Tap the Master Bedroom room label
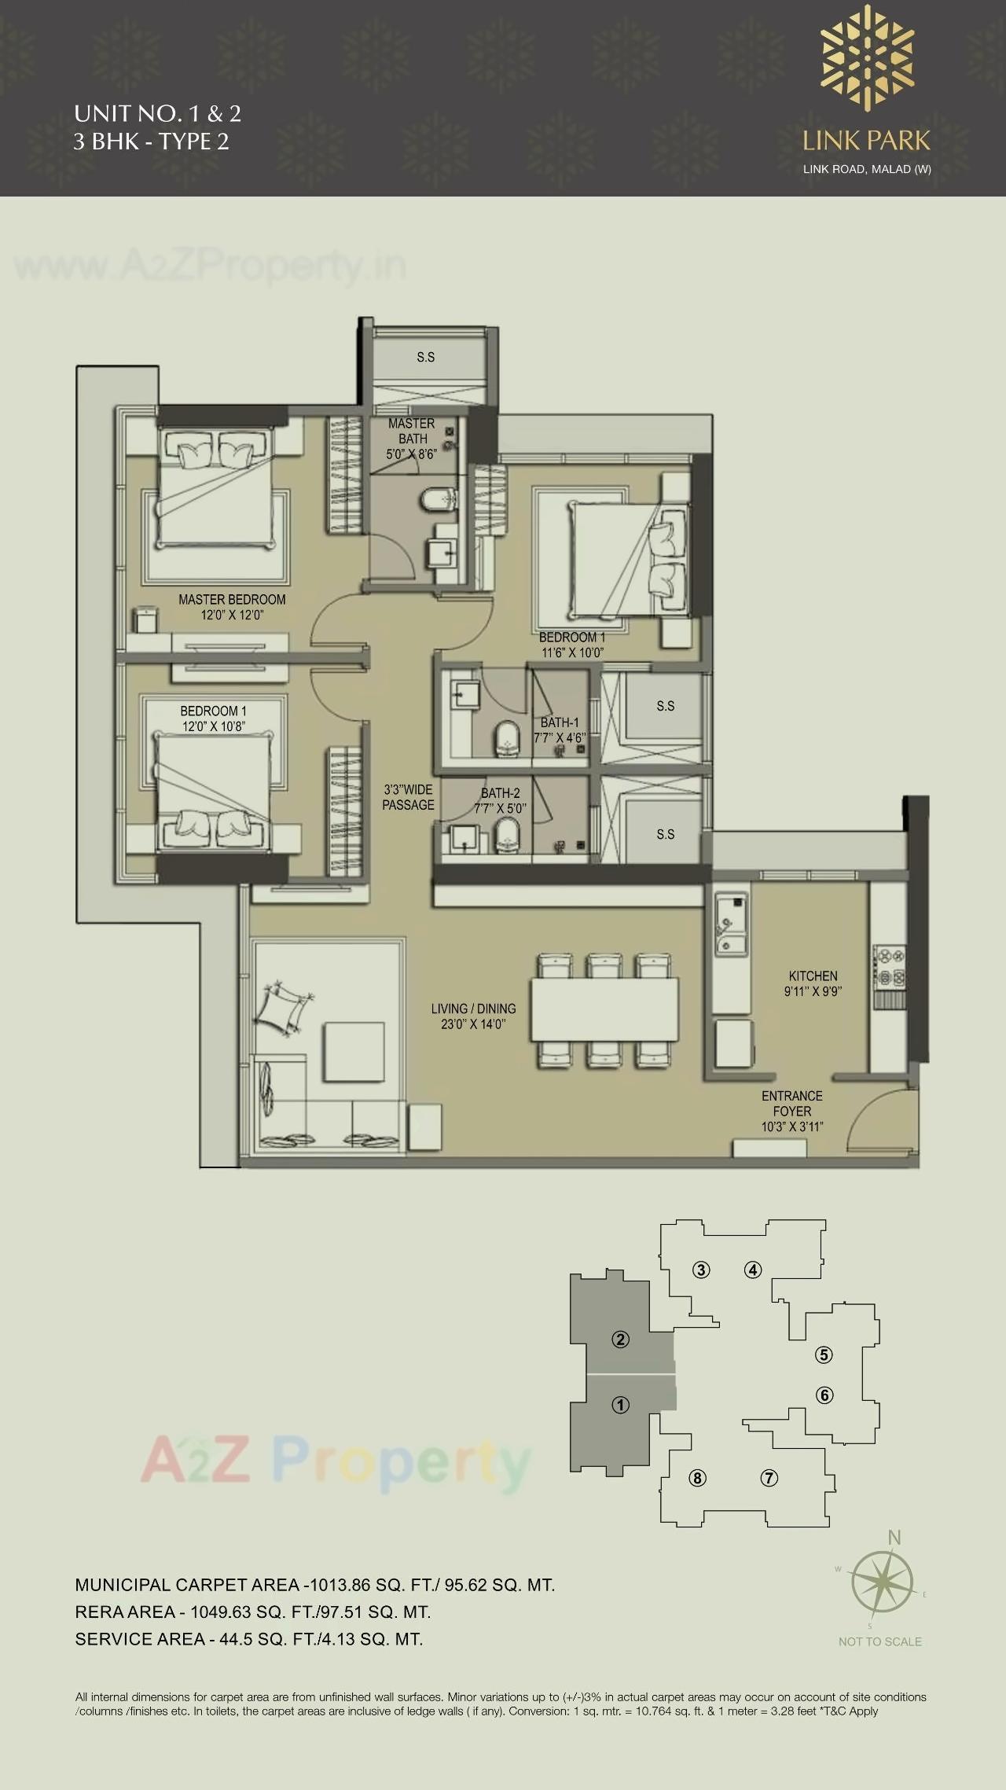(232, 607)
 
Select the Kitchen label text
(813, 983)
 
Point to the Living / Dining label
(473, 1016)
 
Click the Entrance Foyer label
(791, 1111)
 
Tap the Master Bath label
(411, 439)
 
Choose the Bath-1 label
(560, 730)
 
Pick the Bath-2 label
(500, 800)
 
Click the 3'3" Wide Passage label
(408, 797)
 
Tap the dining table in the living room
(604, 1009)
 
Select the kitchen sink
(729, 924)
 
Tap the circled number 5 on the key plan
(824, 1354)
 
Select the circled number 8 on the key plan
(697, 1478)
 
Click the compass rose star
(881, 1582)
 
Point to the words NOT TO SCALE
(879, 1641)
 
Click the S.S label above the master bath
(425, 357)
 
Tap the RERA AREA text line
(253, 1612)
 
